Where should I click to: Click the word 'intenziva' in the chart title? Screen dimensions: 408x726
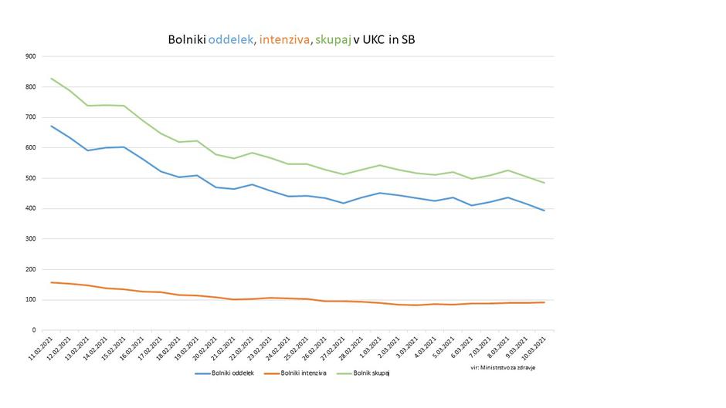coord(283,39)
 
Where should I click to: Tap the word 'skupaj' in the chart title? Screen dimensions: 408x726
coord(333,39)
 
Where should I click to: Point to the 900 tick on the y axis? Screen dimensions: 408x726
coord(30,56)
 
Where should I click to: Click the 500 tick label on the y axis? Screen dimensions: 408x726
coord(30,178)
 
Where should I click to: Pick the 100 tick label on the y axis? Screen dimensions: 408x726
coord(30,300)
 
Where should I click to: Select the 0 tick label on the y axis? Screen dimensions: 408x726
coord(34,330)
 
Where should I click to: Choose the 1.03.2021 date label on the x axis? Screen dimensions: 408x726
coord(371,346)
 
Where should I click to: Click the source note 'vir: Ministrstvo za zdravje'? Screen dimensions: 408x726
coord(503,368)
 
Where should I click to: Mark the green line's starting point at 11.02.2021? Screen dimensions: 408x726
coord(52,79)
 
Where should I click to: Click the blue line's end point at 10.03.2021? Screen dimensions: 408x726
coord(544,211)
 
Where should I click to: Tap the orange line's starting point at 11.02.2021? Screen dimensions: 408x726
coord(52,282)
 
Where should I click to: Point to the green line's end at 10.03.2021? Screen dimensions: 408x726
coord(544,183)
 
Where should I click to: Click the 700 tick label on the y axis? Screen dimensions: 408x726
coord(30,117)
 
